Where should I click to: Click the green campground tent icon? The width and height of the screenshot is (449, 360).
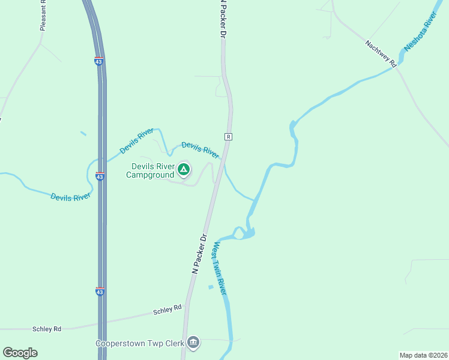click(x=184, y=170)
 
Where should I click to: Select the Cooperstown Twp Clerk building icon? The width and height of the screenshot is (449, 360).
click(x=193, y=343)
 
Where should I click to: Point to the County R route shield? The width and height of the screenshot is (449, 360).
click(x=228, y=137)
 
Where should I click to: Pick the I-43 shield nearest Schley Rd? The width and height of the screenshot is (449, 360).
click(x=100, y=292)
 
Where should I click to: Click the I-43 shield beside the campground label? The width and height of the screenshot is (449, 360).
click(x=100, y=176)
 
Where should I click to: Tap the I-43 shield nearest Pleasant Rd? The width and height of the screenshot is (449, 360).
click(x=98, y=61)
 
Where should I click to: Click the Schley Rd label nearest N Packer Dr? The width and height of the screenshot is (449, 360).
click(x=167, y=310)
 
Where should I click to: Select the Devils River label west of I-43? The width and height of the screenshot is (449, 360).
click(x=71, y=196)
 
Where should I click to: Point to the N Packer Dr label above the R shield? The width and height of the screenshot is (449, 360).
click(x=222, y=19)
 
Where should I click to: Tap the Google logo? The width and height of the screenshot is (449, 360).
click(x=20, y=353)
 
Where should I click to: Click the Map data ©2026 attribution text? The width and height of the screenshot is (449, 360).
click(x=423, y=355)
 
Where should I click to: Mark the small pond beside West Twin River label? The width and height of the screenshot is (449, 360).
click(x=211, y=287)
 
